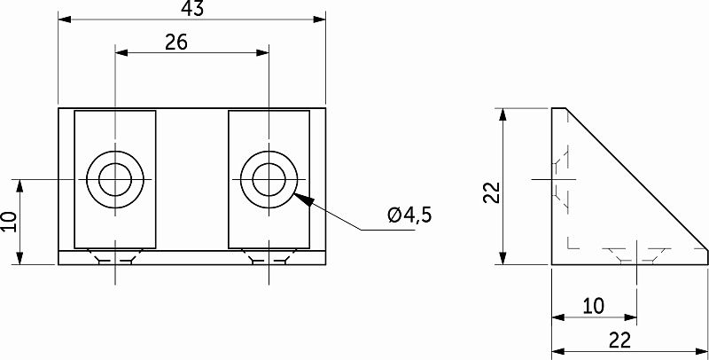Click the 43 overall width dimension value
(x=192, y=8)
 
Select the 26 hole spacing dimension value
(x=175, y=42)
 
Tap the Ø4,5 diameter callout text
(x=409, y=215)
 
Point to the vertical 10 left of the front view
(x=9, y=222)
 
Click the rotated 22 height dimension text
(x=493, y=192)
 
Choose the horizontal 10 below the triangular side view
(x=593, y=306)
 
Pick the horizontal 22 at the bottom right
(x=619, y=340)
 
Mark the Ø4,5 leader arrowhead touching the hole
(x=303, y=199)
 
